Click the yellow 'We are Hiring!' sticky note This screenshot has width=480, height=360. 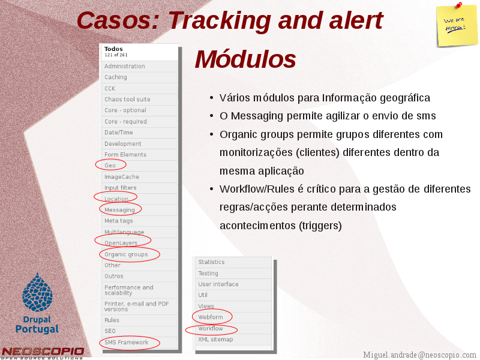point(457,26)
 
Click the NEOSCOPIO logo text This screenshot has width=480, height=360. point(43,352)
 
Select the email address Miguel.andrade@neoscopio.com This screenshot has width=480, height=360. point(419,355)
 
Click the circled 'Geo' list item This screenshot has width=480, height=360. point(110,166)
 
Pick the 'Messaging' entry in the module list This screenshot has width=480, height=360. point(119,209)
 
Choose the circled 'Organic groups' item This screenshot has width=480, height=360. point(126,254)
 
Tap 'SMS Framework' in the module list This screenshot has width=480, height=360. point(127,342)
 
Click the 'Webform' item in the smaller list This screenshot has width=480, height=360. point(211,317)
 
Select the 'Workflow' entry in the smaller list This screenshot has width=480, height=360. point(211,328)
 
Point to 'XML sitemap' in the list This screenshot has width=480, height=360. point(215,339)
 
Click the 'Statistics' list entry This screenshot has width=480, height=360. point(211,262)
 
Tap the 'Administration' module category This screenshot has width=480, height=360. point(125,66)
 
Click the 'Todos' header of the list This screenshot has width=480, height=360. point(113,49)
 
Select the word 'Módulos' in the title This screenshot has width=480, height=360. point(245,59)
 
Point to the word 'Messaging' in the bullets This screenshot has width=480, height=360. point(257,116)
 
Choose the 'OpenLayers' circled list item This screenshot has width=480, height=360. point(121,243)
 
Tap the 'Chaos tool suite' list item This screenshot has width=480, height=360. point(127,99)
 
